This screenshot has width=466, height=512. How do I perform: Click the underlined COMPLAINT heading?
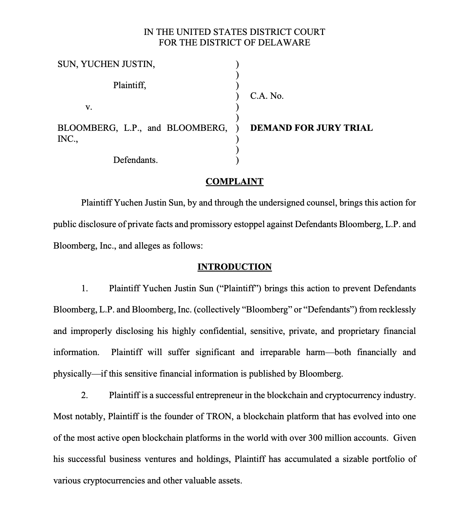pyautogui.click(x=234, y=182)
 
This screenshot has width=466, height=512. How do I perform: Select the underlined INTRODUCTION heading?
pyautogui.click(x=234, y=267)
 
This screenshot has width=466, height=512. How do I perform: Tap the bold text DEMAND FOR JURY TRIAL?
pyautogui.click(x=311, y=128)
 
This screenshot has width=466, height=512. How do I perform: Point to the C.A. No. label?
pyautogui.click(x=267, y=96)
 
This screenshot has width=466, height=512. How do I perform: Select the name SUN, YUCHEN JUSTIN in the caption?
pyautogui.click(x=106, y=64)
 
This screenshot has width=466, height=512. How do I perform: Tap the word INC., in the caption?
pyautogui.click(x=67, y=139)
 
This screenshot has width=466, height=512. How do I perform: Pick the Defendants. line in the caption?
pyautogui.click(x=135, y=160)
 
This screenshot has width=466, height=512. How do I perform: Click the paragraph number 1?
pyautogui.click(x=84, y=288)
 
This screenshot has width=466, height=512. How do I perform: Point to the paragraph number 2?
pyautogui.click(x=84, y=395)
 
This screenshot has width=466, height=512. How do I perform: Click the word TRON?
pyautogui.click(x=219, y=416)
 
